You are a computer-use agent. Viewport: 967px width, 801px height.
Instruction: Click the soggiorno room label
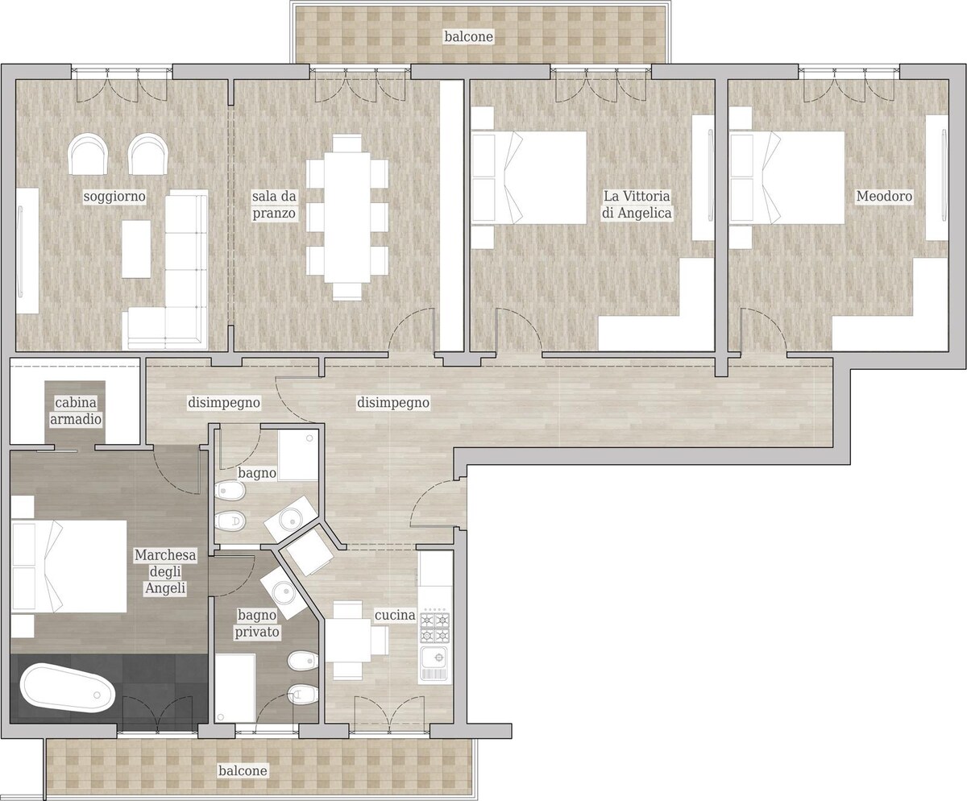pos(114,197)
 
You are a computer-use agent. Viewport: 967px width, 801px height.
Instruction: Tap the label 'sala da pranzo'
pos(274,205)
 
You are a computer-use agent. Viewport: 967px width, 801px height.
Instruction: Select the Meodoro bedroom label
pos(884,196)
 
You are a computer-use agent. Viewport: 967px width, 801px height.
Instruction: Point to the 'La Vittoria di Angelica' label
pos(637,205)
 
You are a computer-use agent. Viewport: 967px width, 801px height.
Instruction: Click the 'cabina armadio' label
pos(76,411)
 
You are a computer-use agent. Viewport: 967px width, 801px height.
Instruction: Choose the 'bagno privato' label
pos(257,624)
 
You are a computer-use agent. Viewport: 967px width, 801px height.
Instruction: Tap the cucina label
pos(395,615)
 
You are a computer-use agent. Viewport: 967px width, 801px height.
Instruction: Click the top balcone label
pos(469,36)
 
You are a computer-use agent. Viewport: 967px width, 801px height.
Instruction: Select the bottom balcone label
pos(243,770)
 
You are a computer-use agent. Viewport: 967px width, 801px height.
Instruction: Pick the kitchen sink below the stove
pos(434,664)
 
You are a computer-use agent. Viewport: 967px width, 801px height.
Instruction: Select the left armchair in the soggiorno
pos(89,154)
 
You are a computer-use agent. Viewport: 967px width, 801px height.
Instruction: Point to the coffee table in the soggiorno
pos(136,249)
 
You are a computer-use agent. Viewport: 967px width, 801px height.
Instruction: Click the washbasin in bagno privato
pos(284,592)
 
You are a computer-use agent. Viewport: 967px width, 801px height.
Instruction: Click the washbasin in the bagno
pos(292,518)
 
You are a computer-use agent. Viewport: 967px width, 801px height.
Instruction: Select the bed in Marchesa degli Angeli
pos(69,567)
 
